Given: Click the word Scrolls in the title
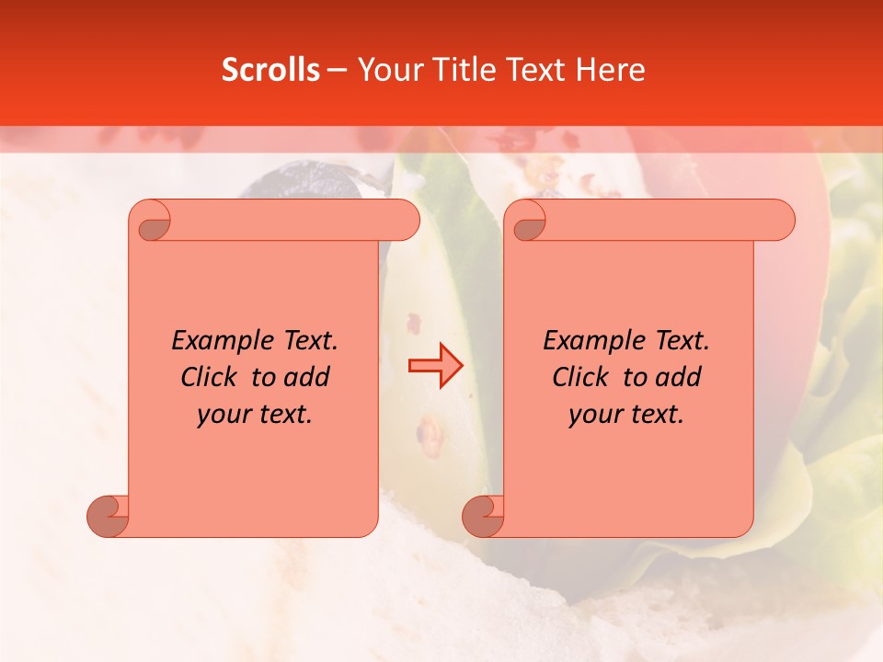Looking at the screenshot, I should [x=270, y=70].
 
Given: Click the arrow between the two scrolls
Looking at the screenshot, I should [x=436, y=366].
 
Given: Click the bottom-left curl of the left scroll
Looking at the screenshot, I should [x=108, y=515].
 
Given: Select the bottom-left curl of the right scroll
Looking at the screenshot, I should [x=483, y=515].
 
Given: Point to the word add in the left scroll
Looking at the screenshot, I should [x=307, y=377].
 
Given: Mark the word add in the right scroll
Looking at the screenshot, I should [x=679, y=377].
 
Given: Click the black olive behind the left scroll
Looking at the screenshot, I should [x=304, y=179].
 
